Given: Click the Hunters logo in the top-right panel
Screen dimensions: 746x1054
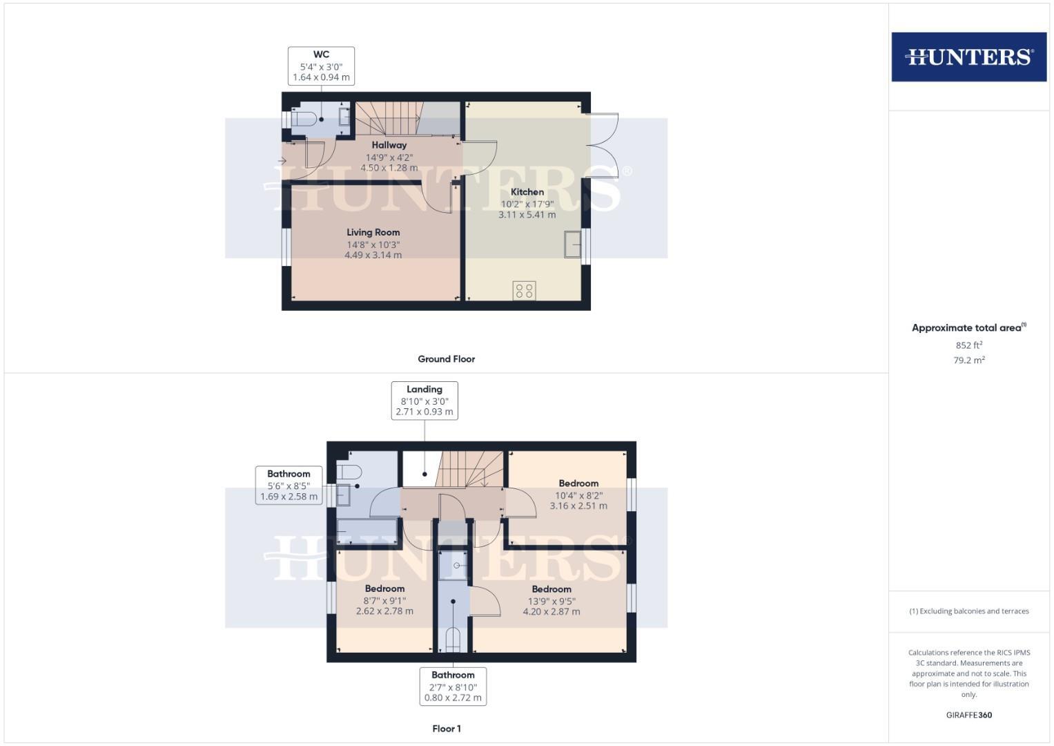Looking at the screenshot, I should [968, 57].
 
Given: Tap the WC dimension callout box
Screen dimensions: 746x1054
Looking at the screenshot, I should [321, 66].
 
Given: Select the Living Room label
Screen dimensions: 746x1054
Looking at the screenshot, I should [373, 233].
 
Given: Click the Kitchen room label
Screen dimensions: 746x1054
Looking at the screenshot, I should [527, 192].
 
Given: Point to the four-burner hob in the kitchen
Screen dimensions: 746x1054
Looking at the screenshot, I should [525, 291].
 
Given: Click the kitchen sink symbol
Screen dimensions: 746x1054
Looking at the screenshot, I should [573, 245].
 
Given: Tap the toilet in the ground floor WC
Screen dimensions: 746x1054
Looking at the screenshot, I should [304, 119].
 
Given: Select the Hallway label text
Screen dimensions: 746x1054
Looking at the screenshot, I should [389, 145].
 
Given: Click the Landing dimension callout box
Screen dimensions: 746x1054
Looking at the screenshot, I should [424, 401].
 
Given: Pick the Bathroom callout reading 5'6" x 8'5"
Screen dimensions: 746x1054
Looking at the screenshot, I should [289, 485].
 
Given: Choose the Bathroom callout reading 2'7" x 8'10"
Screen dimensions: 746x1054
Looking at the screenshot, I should [453, 686].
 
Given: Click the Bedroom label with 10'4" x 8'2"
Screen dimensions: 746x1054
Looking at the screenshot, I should [578, 484].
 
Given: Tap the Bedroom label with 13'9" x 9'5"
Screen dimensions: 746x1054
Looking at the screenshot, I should [552, 589].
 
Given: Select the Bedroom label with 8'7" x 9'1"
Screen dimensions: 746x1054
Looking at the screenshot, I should [384, 589].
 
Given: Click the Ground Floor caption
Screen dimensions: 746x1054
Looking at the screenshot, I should [447, 359].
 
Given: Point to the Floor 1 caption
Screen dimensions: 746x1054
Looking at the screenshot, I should [447, 729].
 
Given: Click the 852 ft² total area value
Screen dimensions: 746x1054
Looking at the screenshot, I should [969, 345].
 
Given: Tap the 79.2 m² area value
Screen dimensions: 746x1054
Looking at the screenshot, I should [969, 361].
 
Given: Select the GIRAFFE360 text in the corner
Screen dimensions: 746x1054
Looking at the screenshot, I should [969, 715].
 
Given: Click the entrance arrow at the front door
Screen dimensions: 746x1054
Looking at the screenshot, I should [282, 161].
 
